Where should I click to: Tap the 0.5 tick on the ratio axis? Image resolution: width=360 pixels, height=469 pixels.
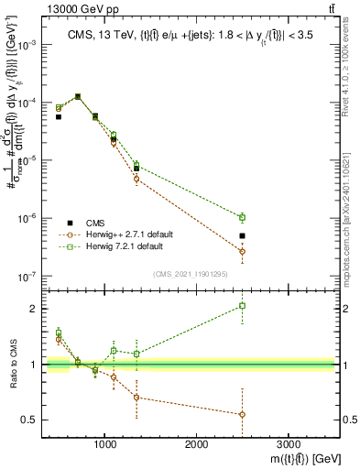coord(29,420)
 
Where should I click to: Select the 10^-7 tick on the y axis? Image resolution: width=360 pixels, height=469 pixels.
coord(27,276)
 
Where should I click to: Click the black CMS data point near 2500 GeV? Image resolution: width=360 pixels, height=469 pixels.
coord(242,235)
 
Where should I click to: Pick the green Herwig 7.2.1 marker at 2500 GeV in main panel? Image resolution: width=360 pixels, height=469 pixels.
coord(242,217)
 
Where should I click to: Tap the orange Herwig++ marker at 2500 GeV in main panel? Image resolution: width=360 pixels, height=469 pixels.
coord(242,251)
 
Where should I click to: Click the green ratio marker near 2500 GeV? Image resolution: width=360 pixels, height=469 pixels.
coord(242,306)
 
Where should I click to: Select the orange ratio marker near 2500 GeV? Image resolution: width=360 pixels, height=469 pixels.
coord(242,414)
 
